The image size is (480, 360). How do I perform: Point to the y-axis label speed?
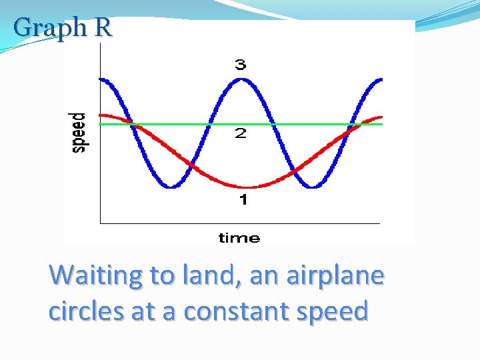coord(79,132)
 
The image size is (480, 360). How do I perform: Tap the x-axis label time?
coord(239,238)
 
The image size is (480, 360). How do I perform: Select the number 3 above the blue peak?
coord(240,65)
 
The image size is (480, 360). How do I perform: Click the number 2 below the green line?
coord(240,134)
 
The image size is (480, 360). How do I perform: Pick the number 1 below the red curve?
coord(243,199)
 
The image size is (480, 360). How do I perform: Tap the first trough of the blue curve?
coord(171,187)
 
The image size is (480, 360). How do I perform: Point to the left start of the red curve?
coord(101,115)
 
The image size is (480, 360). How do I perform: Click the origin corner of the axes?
coord(100,223)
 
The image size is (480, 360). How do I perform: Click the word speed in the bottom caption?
coord(331,311)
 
